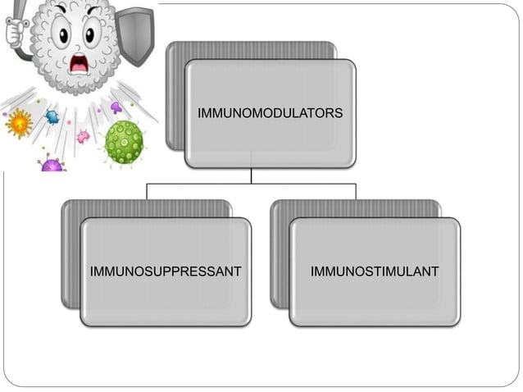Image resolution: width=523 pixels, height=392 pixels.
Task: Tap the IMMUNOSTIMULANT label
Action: pyautogui.click(x=375, y=271)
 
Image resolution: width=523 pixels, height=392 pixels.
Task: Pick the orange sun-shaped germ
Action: pyautogui.click(x=17, y=125)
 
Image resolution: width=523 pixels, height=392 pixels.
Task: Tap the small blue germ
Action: pyautogui.click(x=52, y=116)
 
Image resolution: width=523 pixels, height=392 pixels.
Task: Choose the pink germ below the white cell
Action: pyautogui.click(x=83, y=135)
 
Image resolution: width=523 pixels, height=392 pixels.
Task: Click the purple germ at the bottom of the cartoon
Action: pyautogui.click(x=52, y=165)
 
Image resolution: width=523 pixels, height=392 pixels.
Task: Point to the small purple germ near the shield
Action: pyautogui.click(x=116, y=107)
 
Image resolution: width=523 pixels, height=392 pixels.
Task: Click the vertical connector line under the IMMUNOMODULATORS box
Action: pyautogui.click(x=252, y=175)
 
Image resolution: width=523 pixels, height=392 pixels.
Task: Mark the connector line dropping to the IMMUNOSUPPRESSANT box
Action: pyautogui.click(x=147, y=191)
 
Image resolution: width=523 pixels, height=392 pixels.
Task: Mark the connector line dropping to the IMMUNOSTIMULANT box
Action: pyautogui.click(x=356, y=191)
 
